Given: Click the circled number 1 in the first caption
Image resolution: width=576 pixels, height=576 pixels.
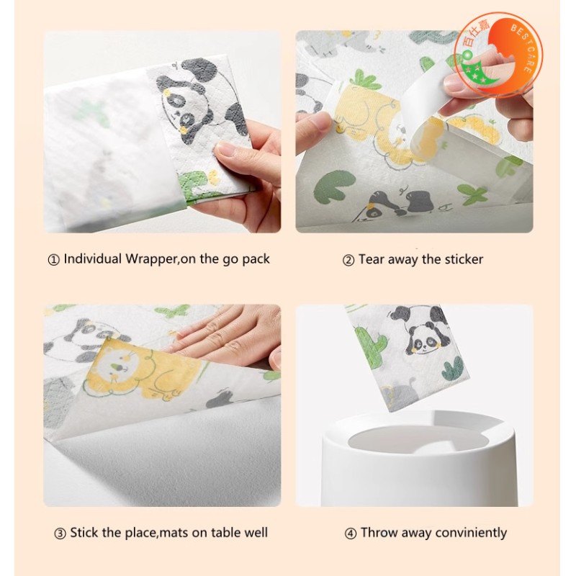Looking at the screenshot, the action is (x=53, y=260).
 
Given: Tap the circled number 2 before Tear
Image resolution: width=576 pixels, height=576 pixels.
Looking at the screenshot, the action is (x=348, y=261).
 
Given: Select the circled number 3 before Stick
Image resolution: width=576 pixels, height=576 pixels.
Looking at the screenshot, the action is (x=60, y=534).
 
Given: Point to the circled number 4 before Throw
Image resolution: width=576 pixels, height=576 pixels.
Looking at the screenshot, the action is (x=351, y=534).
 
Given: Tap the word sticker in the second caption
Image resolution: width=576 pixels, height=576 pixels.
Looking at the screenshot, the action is (x=464, y=260).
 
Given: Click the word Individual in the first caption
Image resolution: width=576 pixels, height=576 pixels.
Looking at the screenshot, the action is (x=93, y=258).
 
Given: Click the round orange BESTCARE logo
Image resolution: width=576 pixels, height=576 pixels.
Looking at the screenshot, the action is (x=498, y=55).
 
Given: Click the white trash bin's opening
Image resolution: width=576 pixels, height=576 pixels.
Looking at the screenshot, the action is (x=419, y=439).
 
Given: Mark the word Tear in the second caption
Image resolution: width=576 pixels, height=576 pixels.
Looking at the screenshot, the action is (x=371, y=259).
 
